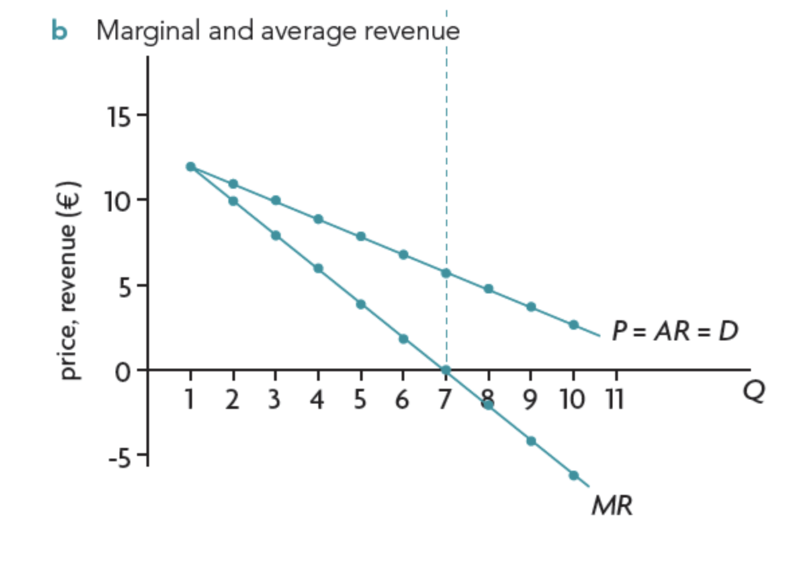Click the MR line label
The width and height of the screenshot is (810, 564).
click(611, 506)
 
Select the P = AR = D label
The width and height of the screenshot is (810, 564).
click(674, 330)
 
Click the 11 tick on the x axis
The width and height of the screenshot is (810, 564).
click(615, 401)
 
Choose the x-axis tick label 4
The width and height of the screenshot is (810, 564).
click(318, 401)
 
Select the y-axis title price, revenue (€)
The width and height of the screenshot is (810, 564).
click(70, 281)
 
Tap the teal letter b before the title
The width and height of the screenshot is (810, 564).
click(59, 31)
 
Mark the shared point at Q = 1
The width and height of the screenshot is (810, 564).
click(191, 167)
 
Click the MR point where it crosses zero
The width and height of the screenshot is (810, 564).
click(445, 370)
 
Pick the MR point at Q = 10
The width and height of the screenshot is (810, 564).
click(574, 475)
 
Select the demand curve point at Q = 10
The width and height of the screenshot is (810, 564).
click(574, 324)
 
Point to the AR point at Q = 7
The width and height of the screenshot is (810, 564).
click(445, 273)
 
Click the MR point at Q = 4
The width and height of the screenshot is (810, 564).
click(318, 269)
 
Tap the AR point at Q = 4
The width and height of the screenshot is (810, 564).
click(318, 219)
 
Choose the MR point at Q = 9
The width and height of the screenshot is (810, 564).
click(531, 440)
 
